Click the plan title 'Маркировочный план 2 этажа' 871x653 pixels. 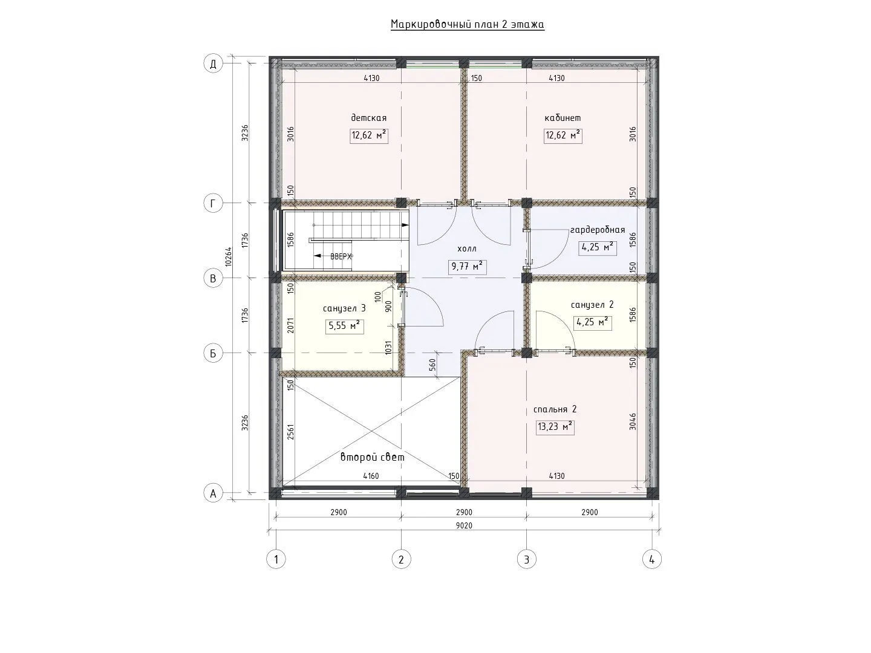[x=467, y=25]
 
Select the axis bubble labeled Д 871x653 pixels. [x=213, y=63]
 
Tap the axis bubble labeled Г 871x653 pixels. [x=213, y=203]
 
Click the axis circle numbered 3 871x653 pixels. [x=527, y=559]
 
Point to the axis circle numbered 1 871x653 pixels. [x=276, y=559]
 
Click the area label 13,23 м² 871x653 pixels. [x=555, y=427]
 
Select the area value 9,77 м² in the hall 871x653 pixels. [x=467, y=266]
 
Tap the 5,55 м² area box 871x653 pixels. [x=344, y=326]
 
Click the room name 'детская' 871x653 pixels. [x=368, y=118]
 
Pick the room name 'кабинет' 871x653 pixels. [x=563, y=118]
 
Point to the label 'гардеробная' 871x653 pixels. [x=598, y=230]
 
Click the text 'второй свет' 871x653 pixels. [x=373, y=457]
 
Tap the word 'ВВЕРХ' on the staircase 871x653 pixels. [x=341, y=256]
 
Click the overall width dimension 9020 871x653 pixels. [x=465, y=526]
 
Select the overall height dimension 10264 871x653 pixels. [x=228, y=256]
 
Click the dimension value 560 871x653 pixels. [x=432, y=365]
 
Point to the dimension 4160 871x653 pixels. [x=371, y=476]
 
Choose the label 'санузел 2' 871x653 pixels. [x=592, y=305]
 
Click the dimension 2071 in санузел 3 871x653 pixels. [x=290, y=325]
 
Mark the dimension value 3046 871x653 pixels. [x=633, y=421]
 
